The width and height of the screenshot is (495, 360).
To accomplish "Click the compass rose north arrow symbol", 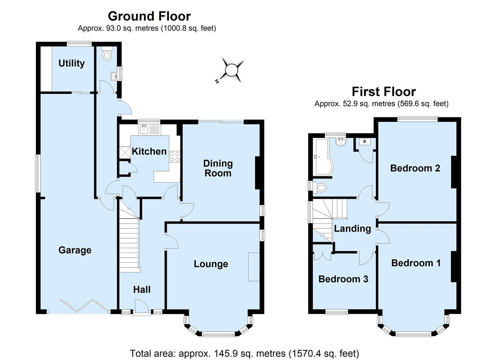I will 231,70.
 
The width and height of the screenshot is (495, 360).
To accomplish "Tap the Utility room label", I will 71,63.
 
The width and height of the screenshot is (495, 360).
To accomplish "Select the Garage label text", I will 75,250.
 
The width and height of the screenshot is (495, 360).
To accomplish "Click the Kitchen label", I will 149,151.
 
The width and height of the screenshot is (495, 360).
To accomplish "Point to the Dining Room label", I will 218,168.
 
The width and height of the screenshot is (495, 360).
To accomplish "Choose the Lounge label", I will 211,264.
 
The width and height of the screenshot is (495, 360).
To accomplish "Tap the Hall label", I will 142,290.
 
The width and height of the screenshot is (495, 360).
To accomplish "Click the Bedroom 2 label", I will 415,168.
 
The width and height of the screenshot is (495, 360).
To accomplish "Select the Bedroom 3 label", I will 343,279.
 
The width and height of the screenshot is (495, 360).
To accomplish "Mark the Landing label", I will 352,229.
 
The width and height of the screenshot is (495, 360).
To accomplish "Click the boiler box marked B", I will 365,142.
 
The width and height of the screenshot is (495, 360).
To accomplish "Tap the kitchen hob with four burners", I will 175,157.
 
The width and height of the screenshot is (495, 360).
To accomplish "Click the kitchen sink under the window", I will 144,129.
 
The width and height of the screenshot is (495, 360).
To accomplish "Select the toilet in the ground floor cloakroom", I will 107,55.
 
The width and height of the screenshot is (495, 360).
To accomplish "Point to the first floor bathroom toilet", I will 320,188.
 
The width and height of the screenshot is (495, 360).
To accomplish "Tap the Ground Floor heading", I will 149,16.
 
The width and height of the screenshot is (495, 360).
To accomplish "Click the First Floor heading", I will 384,91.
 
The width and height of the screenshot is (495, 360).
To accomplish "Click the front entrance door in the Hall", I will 142,307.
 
